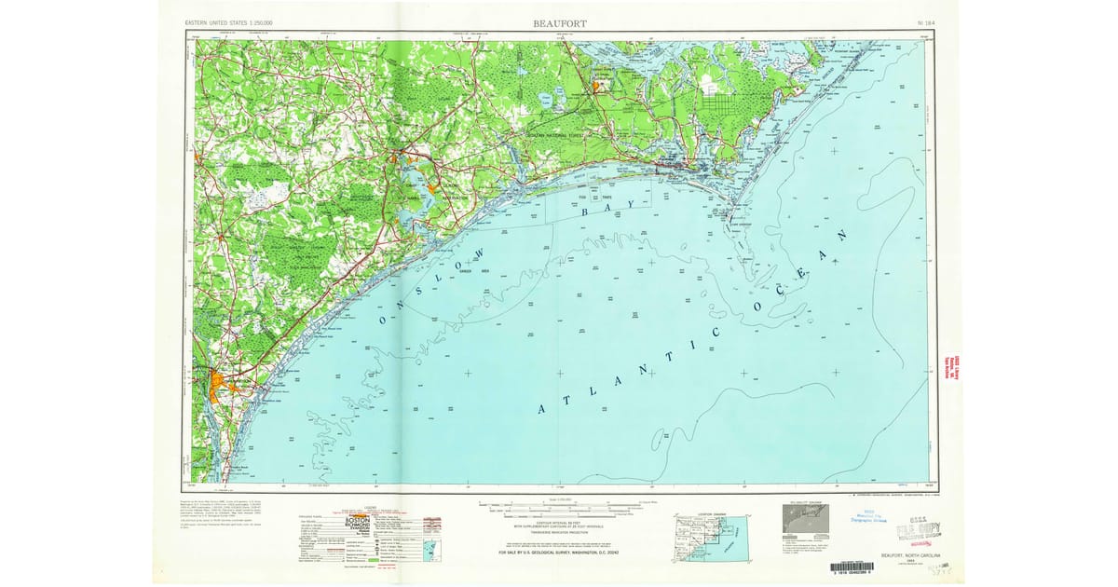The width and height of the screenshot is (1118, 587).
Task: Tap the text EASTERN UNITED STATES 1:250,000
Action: pos(236,21)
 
